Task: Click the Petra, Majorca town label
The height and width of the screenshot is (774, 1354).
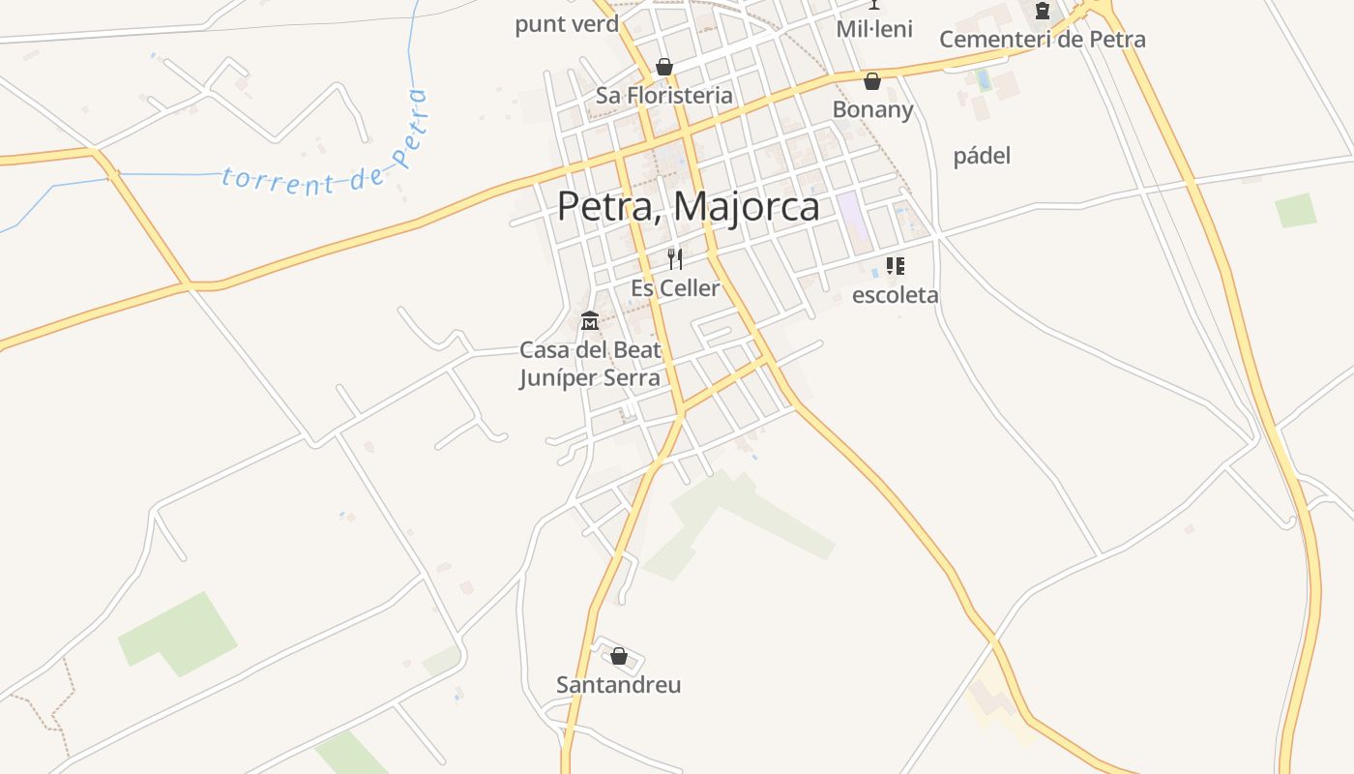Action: pyautogui.click(x=688, y=207)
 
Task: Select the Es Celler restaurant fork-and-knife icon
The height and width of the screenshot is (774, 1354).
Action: pyautogui.click(x=675, y=258)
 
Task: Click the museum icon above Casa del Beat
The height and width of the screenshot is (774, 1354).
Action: pyautogui.click(x=589, y=320)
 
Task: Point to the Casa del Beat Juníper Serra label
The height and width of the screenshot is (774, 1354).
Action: pyautogui.click(x=590, y=364)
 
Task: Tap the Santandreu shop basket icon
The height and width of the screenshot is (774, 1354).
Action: pyautogui.click(x=619, y=657)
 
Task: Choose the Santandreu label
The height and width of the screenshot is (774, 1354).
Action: pyautogui.click(x=618, y=685)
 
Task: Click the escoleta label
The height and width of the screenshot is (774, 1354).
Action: pyautogui.click(x=895, y=295)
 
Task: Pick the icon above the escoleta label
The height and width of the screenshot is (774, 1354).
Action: pyautogui.click(x=896, y=265)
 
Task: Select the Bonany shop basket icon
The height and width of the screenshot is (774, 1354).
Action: pyautogui.click(x=872, y=81)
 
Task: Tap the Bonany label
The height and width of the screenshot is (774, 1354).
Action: pyautogui.click(x=872, y=109)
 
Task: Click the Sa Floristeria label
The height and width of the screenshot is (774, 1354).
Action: pyautogui.click(x=663, y=96)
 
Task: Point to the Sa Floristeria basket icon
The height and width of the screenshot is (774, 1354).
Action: pyautogui.click(x=663, y=67)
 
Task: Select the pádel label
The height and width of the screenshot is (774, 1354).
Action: pyautogui.click(x=982, y=156)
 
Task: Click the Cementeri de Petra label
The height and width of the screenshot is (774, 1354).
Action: pyautogui.click(x=1042, y=40)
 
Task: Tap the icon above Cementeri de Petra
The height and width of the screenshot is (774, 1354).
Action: pyautogui.click(x=1042, y=12)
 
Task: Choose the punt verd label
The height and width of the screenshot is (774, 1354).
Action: pyautogui.click(x=567, y=24)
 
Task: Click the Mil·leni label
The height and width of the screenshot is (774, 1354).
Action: pyautogui.click(x=874, y=29)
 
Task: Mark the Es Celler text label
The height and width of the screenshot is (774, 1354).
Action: pyautogui.click(x=675, y=288)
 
